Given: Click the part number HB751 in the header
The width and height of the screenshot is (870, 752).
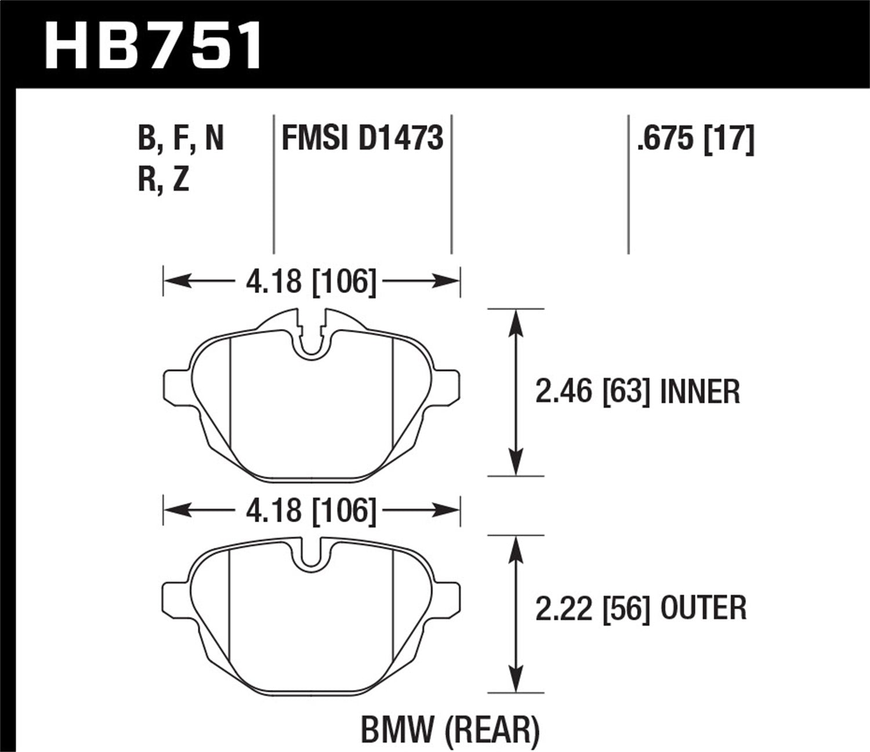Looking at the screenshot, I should coord(153,45).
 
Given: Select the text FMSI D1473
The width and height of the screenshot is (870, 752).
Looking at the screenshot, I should coord(362,139).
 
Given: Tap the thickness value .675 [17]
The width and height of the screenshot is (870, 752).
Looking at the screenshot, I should coord(695,139).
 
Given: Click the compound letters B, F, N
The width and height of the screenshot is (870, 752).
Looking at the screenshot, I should coord(180,139).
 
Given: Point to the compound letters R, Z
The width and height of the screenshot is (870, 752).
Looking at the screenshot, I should coord(164,180).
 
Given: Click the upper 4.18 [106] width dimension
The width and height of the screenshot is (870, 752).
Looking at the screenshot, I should coord(311,282).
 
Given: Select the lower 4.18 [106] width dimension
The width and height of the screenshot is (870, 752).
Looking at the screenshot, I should coord(311,511).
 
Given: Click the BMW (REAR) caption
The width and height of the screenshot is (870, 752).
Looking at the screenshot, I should coord(450,730).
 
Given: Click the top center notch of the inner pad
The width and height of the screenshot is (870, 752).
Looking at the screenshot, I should coord(311,339).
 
